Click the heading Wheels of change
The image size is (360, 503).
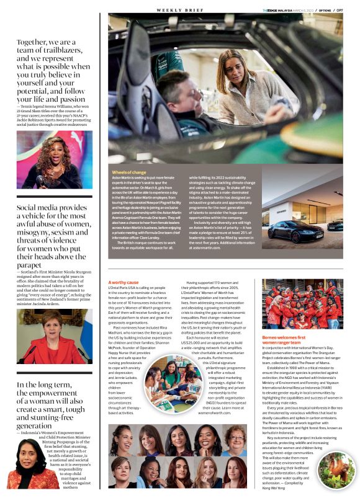[x=129, y=172]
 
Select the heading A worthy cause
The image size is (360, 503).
[x=124, y=283]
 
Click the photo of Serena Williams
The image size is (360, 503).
[x=55, y=160]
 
